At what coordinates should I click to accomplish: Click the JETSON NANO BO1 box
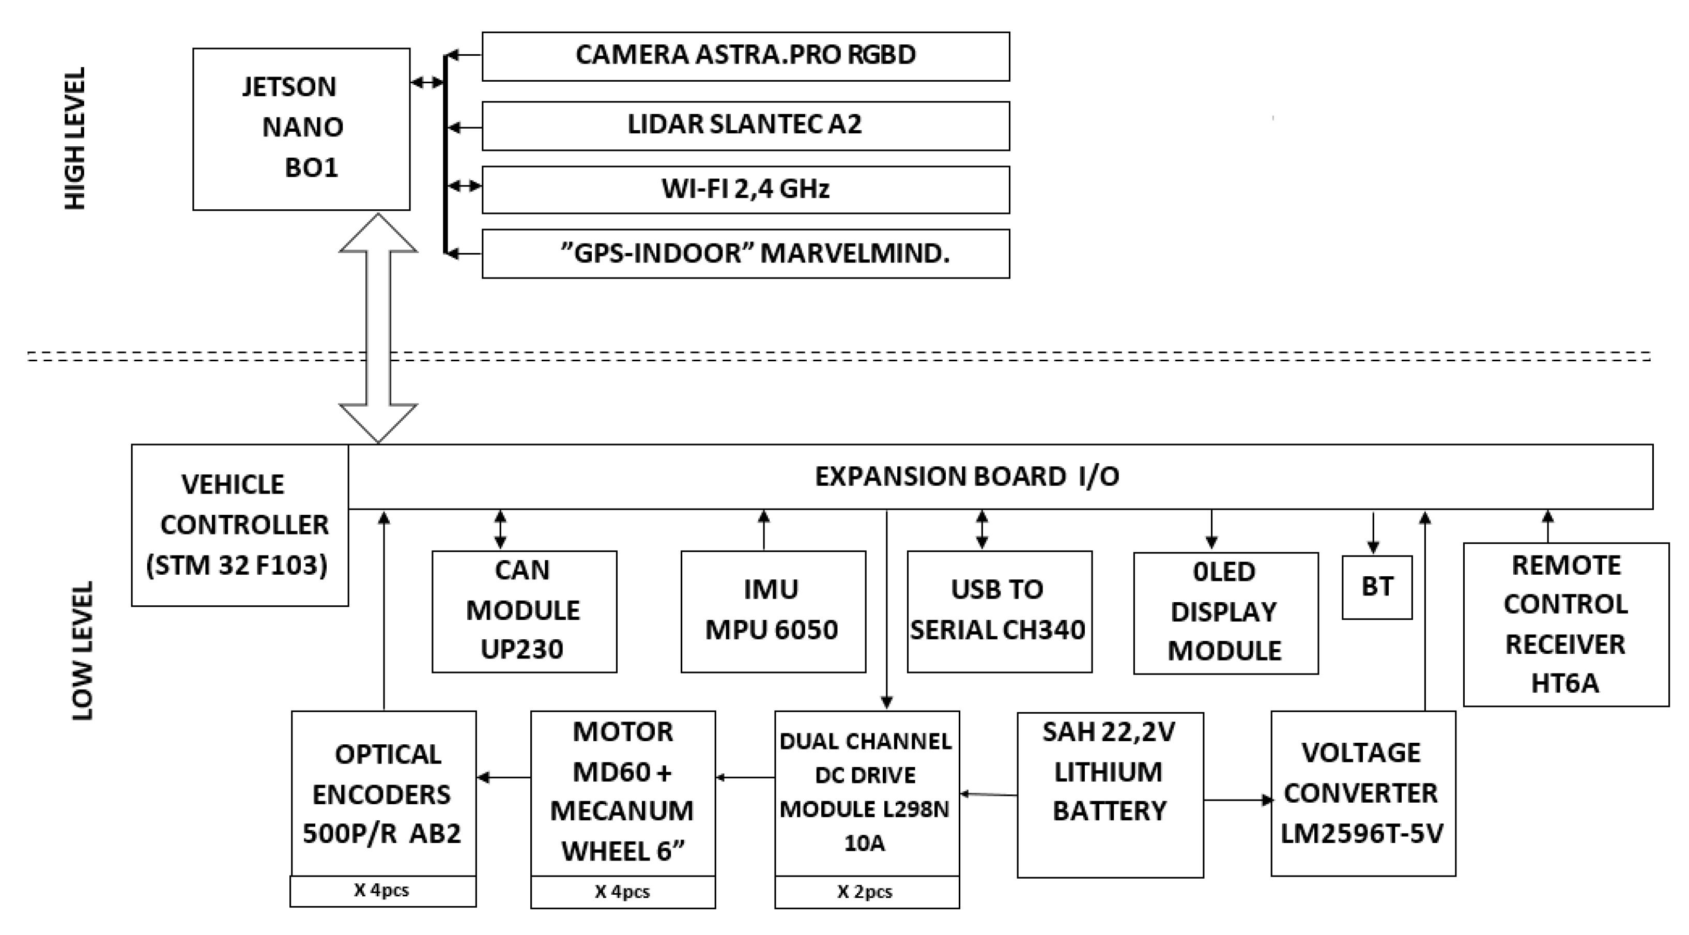301,129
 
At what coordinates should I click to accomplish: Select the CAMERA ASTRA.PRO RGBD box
745,56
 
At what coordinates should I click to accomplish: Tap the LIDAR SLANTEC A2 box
745,125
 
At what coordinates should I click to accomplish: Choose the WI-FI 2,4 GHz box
745,190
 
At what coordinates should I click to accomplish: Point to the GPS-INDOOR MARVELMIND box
745,254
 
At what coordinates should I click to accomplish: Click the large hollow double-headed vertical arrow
378,328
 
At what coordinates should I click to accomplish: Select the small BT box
1377,587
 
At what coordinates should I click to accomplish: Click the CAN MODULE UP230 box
524,611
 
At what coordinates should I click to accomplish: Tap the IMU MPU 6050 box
773,611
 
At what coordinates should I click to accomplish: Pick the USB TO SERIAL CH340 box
999,611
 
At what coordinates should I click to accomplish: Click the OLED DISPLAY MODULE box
1225,612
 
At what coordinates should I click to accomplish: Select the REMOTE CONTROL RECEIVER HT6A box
1565,624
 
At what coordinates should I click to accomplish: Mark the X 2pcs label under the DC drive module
866,892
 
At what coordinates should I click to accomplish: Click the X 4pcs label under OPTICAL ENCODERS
382,891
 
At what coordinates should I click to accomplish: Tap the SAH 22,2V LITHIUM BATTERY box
1110,795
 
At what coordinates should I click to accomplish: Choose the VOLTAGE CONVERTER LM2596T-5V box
1363,793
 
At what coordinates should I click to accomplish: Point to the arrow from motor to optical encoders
503,778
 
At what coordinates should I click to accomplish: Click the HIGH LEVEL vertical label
75,139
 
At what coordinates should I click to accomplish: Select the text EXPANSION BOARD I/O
966,477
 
